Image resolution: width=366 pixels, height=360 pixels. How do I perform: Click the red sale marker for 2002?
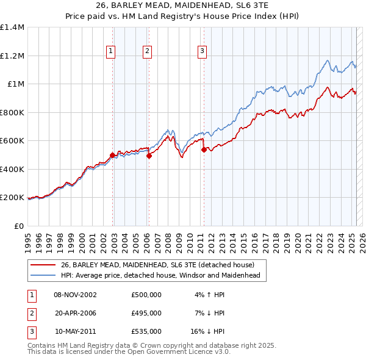tap(113, 155)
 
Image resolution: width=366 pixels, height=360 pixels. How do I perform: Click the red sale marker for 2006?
tap(149, 156)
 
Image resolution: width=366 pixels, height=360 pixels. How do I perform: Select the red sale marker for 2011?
tap(203, 148)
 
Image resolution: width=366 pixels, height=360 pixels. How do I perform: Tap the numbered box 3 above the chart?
tap(202, 52)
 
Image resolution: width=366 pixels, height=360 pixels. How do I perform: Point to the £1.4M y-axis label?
tap(12, 27)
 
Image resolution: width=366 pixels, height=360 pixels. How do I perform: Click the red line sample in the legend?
tap(43, 265)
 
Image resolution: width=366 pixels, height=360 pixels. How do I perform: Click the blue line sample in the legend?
tap(43, 275)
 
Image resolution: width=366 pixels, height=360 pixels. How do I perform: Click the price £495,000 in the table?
tap(146, 313)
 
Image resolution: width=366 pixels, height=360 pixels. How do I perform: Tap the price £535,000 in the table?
tap(146, 331)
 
